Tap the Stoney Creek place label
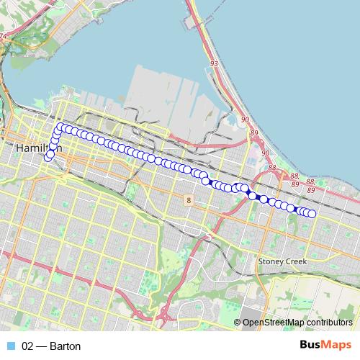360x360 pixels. (282, 261)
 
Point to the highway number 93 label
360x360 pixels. (213, 64)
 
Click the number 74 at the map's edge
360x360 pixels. (3, 35)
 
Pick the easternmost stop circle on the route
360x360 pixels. (312, 213)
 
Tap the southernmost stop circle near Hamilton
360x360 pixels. (48, 157)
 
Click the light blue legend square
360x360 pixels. (9, 346)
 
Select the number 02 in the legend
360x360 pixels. (28, 346)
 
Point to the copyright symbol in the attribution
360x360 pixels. (238, 323)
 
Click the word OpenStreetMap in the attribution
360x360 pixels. (274, 323)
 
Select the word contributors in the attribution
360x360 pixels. (330, 323)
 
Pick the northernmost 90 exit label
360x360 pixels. (246, 119)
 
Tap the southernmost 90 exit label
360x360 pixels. (266, 153)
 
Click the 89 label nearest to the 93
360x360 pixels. (253, 132)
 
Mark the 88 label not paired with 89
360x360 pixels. (271, 168)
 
